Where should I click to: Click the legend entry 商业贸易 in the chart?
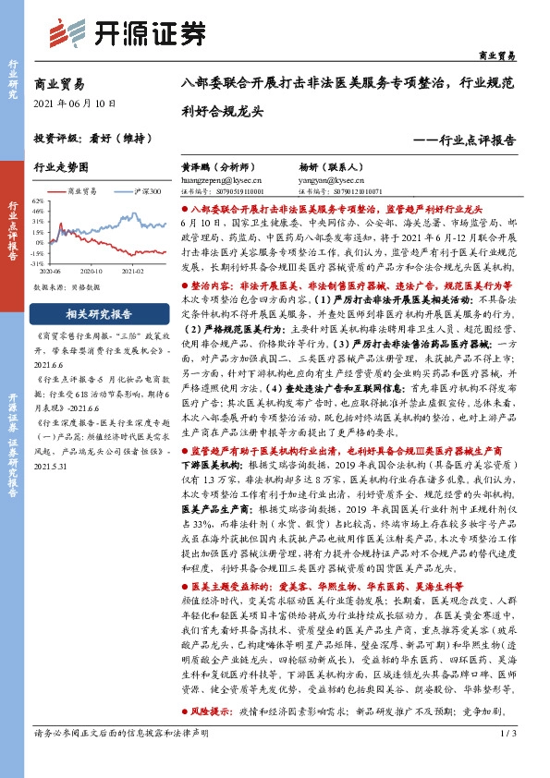coord(84,190)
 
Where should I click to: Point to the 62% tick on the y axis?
coord(38,200)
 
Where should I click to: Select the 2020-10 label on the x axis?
coord(91,272)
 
